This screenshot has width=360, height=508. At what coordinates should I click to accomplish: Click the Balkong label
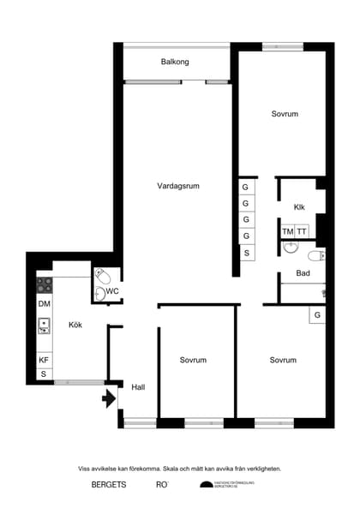coord(175,63)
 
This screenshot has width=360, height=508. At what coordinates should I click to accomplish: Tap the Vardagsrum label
coord(178,186)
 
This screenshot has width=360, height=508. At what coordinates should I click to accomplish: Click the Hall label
coord(138,387)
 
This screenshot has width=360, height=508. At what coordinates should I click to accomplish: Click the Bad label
coord(303,273)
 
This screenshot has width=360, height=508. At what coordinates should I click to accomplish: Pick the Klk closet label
coord(299,207)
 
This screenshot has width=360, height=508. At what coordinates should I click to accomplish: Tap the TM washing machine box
coord(287,231)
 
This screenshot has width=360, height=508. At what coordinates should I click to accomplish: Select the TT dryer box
coord(302,231)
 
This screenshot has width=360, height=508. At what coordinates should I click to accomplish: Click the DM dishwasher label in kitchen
coord(44,304)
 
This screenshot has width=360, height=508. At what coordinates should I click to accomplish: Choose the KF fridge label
coord(44,360)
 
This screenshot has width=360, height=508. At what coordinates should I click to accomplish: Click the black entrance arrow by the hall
coord(110,398)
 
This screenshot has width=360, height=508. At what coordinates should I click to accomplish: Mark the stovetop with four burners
coord(44,284)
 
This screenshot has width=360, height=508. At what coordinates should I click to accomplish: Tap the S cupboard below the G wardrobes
coord(246,254)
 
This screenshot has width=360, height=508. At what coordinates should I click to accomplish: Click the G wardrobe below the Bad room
coord(317,315)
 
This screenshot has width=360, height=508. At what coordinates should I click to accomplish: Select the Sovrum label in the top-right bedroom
coord(285,114)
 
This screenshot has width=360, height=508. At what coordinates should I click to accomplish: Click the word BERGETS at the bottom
coord(109,485)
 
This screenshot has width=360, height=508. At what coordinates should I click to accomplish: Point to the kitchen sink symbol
coord(43,326)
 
